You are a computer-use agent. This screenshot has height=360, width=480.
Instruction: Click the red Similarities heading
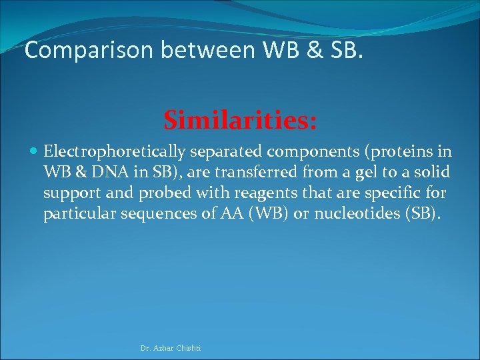pos(240,121)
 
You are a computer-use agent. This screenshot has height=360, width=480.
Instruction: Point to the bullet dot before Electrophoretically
pos(35,152)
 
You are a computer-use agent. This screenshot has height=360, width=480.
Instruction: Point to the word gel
pos(365,173)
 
